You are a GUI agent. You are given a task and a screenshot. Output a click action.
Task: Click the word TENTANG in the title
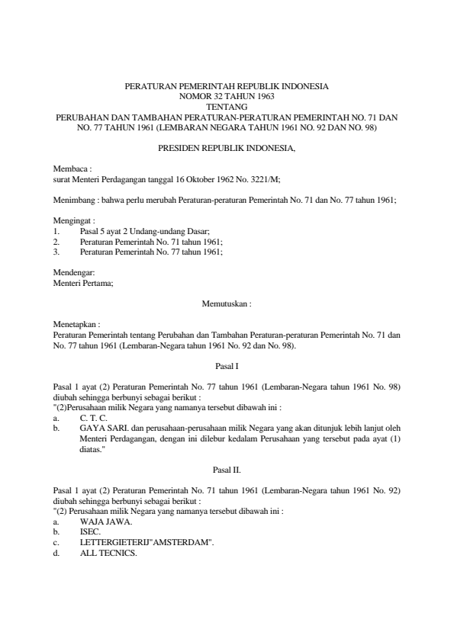coord(227,108)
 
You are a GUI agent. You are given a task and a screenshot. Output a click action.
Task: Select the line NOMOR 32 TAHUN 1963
coord(227,98)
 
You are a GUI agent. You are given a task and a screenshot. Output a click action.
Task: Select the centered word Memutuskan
coord(225,303)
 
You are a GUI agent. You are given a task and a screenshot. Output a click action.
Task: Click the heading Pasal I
coord(227,366)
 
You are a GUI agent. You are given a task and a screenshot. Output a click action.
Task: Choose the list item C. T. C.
coord(94,419)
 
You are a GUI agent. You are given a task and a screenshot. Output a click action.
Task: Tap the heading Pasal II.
coord(227,470)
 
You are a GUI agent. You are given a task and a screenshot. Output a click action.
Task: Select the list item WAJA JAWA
coord(107,522)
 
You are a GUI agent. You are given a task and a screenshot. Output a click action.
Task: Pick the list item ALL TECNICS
coord(108,553)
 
